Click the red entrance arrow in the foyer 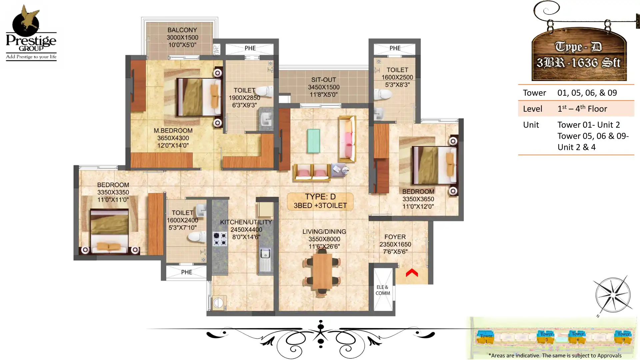412,273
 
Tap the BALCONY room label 182,30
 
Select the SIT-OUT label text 323,80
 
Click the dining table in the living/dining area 322,271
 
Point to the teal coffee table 313,141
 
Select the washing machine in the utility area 218,303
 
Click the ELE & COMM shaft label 382,290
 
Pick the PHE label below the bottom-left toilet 186,272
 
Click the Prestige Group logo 31,33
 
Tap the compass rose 613,295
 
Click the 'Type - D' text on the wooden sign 578,47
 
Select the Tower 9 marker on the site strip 623,337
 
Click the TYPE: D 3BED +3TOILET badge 320,201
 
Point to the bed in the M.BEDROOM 199,97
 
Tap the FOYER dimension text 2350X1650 395,244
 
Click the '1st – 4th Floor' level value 582,109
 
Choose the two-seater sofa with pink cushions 312,172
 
